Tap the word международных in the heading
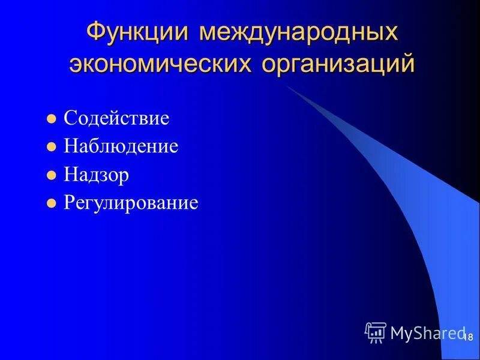pos(299,32)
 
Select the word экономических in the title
pos(162,64)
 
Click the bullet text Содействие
pos(116,118)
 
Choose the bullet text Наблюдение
pos(121,146)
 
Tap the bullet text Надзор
pos(96,175)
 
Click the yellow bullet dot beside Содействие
pos(51,118)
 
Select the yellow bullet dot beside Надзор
pos(51,175)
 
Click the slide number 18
pos(468,338)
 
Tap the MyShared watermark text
pos(428,332)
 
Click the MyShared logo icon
pos(376,332)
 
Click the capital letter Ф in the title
pos(97,31)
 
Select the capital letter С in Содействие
pos(70,118)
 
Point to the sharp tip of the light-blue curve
pos(286,86)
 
